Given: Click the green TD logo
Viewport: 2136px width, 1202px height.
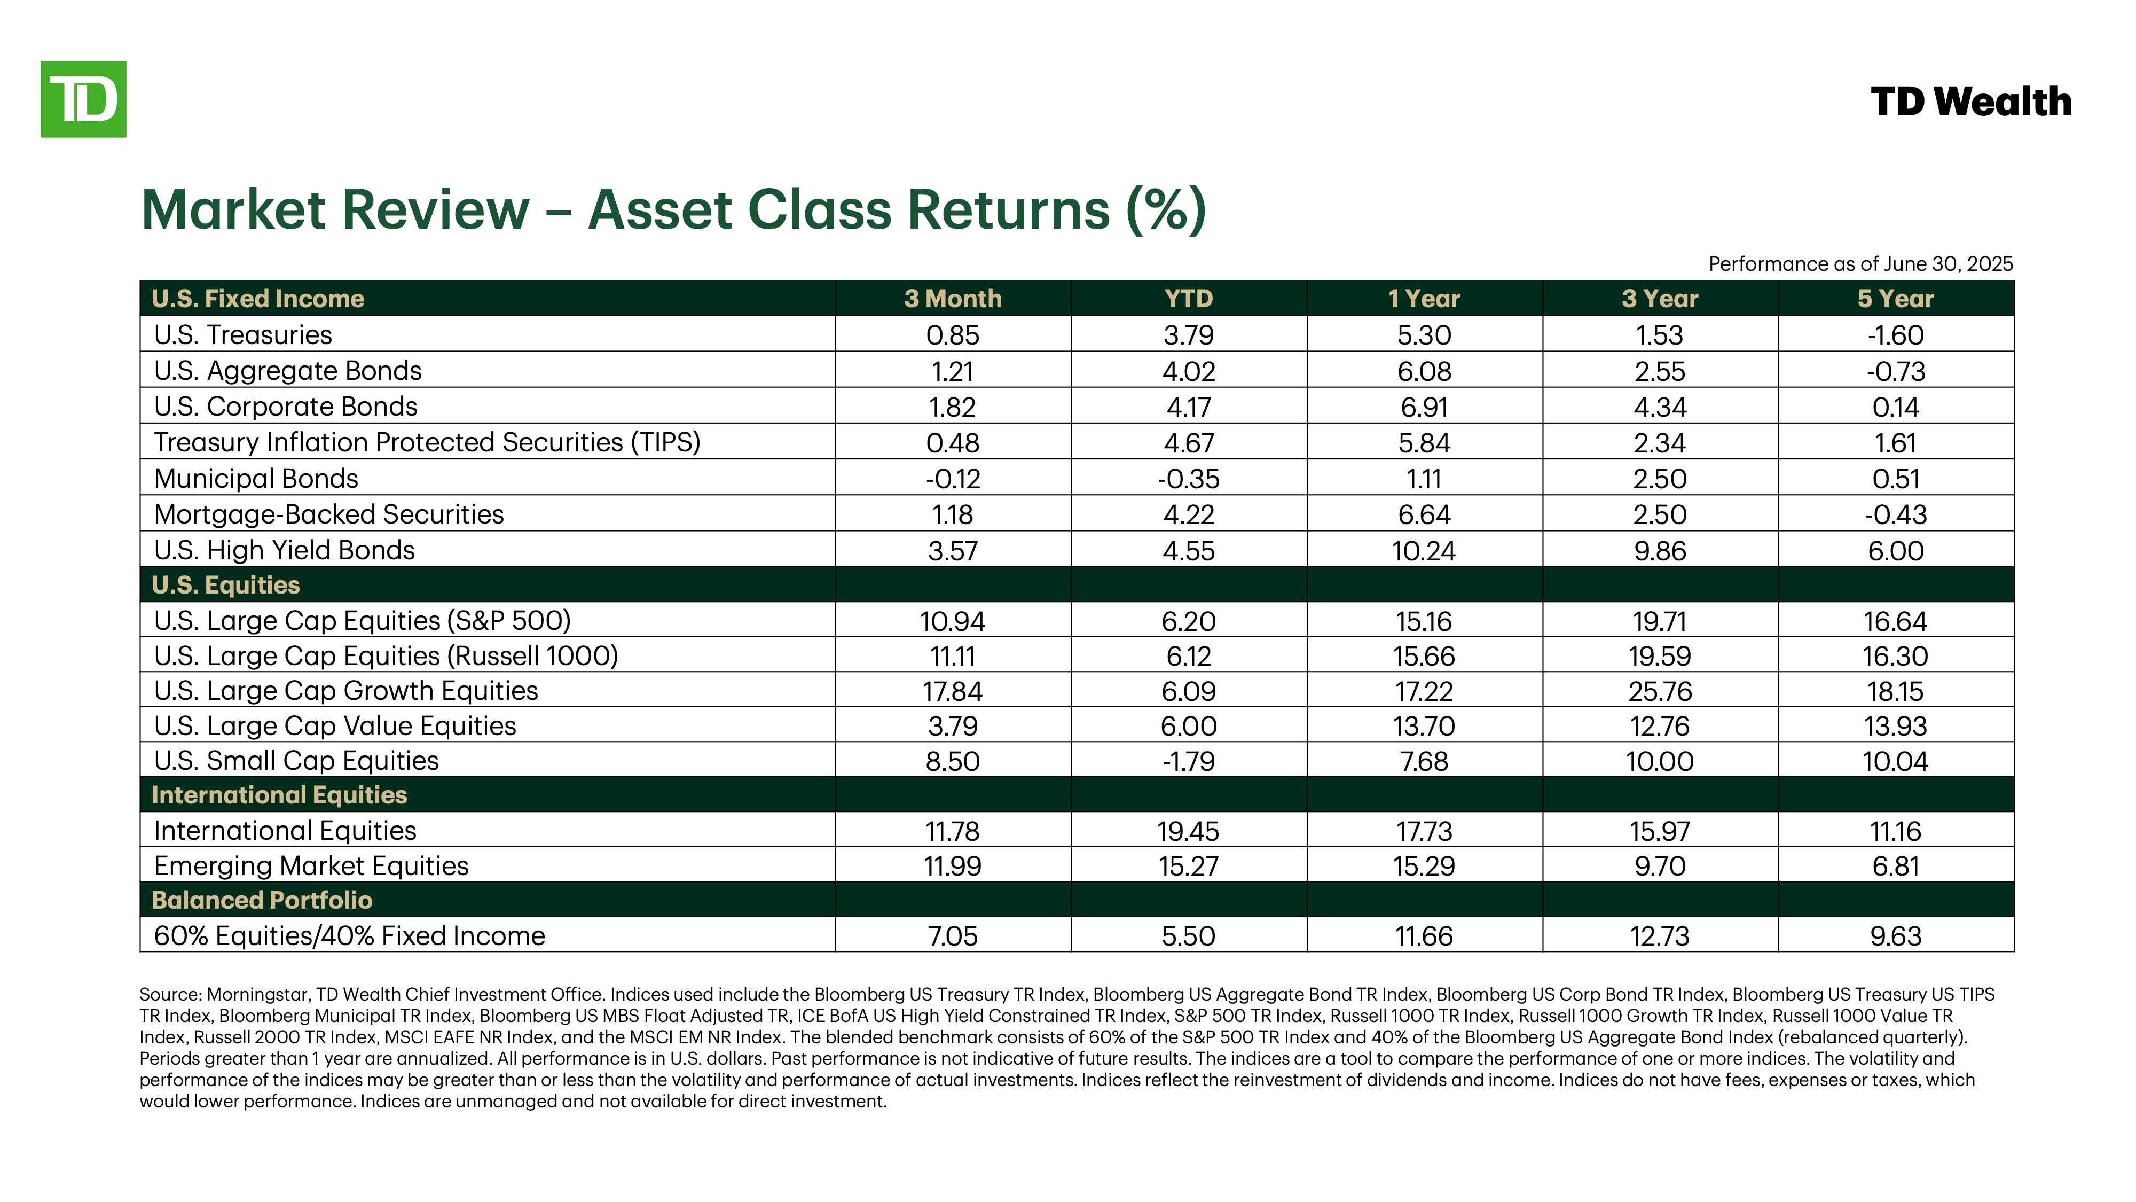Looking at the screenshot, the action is coord(84,99).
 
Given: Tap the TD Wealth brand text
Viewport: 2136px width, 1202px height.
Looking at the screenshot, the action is coord(1971,102).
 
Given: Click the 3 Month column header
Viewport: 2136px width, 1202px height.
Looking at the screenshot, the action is coord(953,299).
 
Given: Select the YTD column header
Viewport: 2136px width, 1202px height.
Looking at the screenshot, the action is coord(1188,299).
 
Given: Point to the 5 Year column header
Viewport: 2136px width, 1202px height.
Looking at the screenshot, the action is coord(1896,299).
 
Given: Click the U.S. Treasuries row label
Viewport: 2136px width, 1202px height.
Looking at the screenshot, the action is coord(243,334).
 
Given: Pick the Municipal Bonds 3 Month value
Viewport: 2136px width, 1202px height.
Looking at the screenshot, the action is coord(953,479).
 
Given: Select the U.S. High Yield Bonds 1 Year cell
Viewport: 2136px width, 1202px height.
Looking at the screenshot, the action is coord(1424,551).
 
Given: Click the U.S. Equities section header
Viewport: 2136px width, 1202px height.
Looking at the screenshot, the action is coord(225,585).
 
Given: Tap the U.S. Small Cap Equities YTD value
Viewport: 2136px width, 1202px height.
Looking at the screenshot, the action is coord(1188,761).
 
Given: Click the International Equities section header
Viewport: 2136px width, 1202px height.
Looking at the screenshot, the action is coord(279,795).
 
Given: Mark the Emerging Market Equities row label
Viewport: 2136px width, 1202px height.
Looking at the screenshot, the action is coord(311,866).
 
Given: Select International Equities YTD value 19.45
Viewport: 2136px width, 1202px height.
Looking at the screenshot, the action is coord(1188,831).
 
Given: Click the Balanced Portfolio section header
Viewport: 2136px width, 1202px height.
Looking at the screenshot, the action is coord(262,900).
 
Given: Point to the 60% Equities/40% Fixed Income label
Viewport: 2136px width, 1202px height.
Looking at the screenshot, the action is coord(349,936).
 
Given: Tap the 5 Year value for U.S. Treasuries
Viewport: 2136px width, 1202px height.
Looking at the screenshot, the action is coord(1896,335).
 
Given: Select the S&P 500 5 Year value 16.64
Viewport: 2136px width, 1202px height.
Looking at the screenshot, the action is coord(1896,621).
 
